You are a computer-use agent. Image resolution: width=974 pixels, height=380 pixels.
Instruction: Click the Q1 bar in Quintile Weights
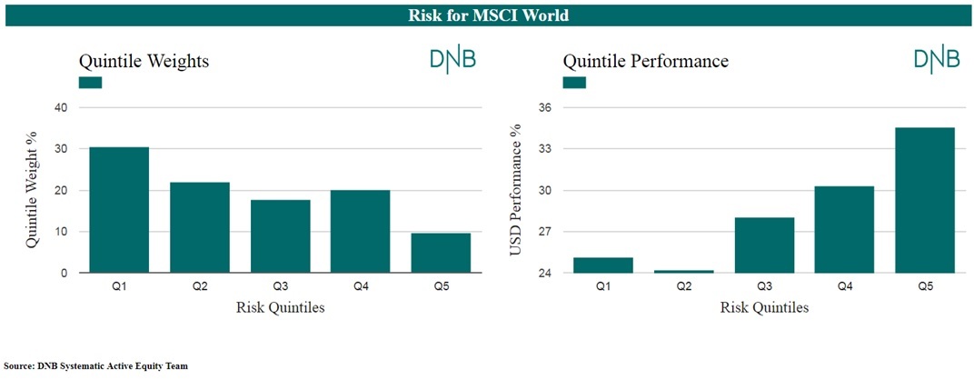click(119, 210)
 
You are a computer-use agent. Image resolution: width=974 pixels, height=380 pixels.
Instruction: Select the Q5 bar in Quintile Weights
click(441, 253)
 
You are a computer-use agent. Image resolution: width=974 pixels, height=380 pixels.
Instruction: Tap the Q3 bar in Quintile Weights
click(280, 236)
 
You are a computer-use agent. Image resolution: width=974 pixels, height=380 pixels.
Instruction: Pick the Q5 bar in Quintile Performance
click(924, 200)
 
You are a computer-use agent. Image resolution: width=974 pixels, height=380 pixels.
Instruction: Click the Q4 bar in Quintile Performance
click(843, 229)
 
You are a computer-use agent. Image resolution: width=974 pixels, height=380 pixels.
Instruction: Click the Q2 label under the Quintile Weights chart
click(199, 286)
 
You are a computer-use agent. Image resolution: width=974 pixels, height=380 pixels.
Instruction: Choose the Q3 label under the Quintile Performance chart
click(763, 286)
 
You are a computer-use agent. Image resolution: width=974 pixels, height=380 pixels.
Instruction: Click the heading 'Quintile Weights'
click(143, 62)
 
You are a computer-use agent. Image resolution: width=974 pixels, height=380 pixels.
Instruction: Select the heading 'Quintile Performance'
click(645, 62)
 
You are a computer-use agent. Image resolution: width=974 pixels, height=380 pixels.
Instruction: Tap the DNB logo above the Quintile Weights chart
click(453, 60)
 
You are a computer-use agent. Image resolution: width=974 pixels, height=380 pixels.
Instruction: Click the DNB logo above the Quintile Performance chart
click(937, 60)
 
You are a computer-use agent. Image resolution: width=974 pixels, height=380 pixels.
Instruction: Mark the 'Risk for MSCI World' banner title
click(488, 15)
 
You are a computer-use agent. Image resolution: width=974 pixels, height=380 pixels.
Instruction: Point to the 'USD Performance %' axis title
click(515, 190)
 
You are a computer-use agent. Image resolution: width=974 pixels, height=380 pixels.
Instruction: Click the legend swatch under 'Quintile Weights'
click(90, 83)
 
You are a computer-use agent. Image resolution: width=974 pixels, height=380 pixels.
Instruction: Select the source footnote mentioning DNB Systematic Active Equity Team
click(95, 366)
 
